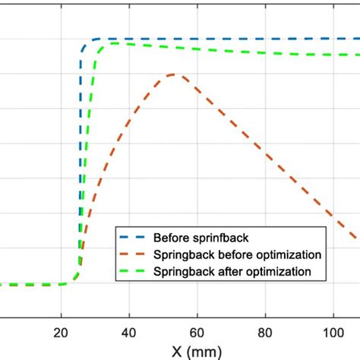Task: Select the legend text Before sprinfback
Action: click(193, 236)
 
